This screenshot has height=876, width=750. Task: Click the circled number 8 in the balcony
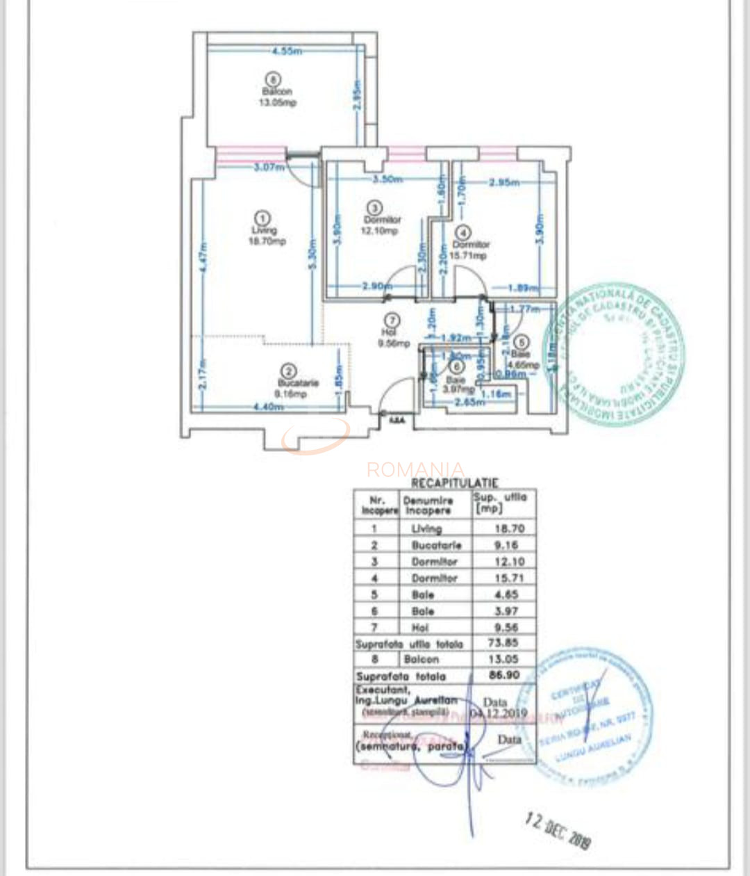point(276,79)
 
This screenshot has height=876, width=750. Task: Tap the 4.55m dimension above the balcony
point(285,51)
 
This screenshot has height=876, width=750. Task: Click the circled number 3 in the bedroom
point(375,207)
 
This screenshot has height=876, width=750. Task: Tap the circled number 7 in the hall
point(393,320)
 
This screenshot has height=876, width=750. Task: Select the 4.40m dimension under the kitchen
point(268,407)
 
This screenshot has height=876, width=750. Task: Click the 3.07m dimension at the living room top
point(268,167)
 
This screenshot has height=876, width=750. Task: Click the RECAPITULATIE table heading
point(455,482)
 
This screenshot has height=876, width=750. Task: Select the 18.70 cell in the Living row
point(508,528)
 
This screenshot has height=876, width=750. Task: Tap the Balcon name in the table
point(421,659)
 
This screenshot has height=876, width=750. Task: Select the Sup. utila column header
point(500,502)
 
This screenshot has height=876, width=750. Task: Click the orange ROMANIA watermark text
point(415,469)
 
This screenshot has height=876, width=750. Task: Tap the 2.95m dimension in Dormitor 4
point(504,183)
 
